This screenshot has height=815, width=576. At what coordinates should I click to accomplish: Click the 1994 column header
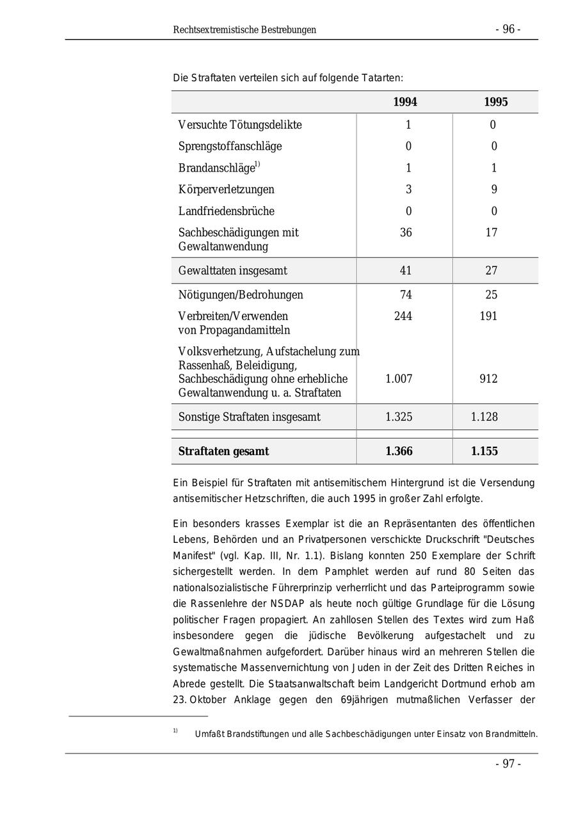pyautogui.click(x=404, y=102)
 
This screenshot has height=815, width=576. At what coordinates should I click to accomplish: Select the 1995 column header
pyautogui.click(x=495, y=102)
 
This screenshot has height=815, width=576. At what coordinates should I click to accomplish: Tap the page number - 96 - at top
pyautogui.click(x=508, y=29)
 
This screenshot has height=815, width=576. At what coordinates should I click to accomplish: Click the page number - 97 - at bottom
pyautogui.click(x=508, y=764)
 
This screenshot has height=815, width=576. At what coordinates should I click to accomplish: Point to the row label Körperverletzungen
pyautogui.click(x=226, y=190)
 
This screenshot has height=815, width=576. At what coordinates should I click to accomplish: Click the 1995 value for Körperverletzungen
pyautogui.click(x=493, y=190)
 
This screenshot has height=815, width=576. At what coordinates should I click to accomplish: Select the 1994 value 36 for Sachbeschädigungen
pyautogui.click(x=406, y=232)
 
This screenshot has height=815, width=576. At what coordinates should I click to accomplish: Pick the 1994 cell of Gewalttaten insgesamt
pyautogui.click(x=406, y=271)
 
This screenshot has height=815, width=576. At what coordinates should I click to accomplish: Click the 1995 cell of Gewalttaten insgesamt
pyautogui.click(x=492, y=271)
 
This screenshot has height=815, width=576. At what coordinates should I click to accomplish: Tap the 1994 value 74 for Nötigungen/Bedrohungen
pyautogui.click(x=406, y=295)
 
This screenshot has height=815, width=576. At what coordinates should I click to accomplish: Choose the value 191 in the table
pyautogui.click(x=488, y=316)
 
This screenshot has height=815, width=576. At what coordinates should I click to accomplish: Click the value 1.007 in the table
pyautogui.click(x=399, y=379)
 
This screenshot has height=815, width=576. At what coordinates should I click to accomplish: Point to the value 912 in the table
pyautogui.click(x=488, y=379)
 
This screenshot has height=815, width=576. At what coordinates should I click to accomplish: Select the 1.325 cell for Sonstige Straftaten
pyautogui.click(x=399, y=417)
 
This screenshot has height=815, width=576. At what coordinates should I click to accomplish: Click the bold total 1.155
pyautogui.click(x=484, y=451)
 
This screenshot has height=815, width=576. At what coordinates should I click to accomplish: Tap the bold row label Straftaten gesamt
pyautogui.click(x=223, y=451)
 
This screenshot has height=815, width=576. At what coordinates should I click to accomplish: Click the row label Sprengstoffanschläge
pyautogui.click(x=230, y=146)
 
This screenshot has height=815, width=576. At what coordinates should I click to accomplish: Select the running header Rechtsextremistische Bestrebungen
pyautogui.click(x=244, y=30)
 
